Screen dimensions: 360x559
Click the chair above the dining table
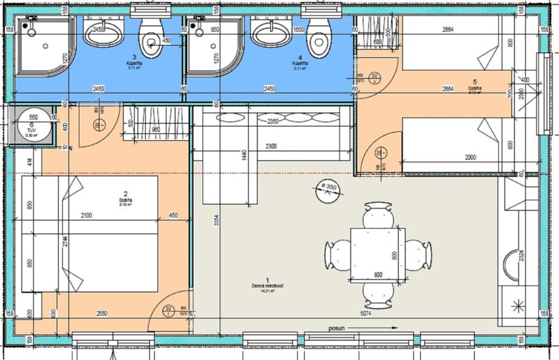(x=378, y=215)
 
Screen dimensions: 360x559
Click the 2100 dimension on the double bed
(x=86, y=215)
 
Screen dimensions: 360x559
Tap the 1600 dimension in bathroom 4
(x=298, y=30)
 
